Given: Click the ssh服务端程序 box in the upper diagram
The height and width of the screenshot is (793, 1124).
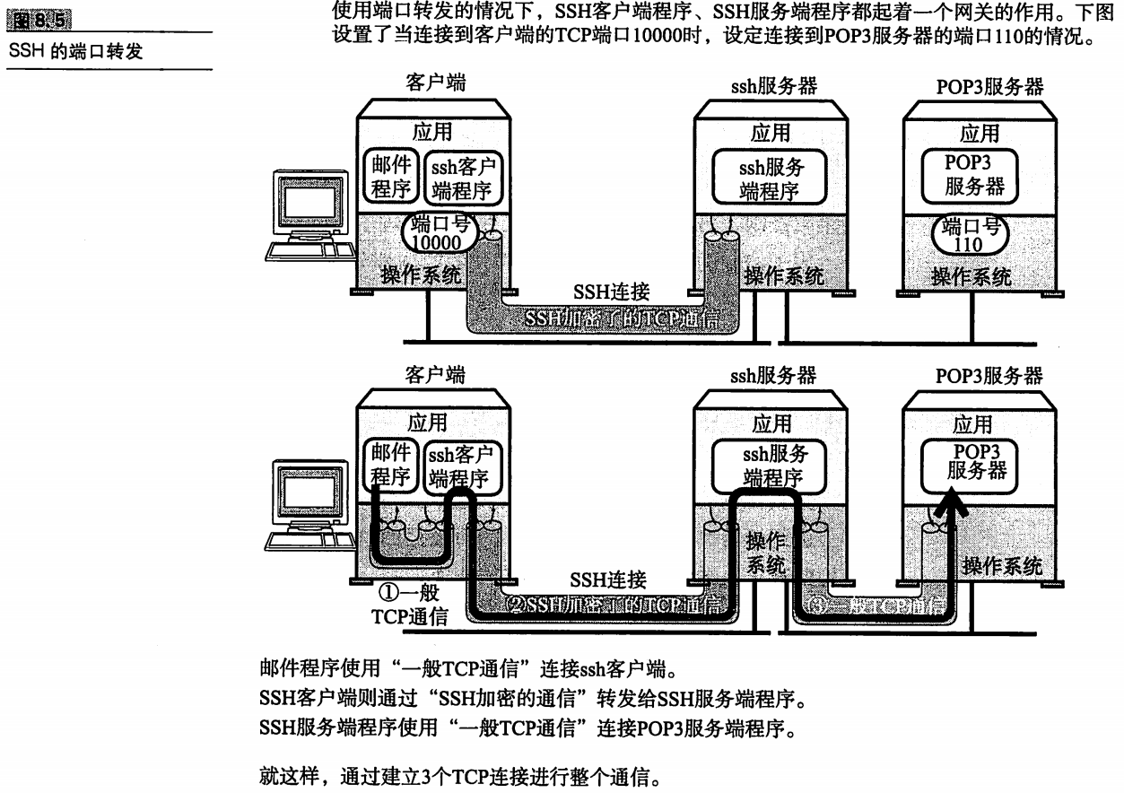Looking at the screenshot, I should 771,178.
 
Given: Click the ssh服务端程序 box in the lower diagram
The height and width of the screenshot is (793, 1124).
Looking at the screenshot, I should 771,466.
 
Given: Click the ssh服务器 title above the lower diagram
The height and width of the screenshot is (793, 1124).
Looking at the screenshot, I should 772,376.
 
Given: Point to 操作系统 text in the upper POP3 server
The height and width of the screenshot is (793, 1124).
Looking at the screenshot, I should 971,277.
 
